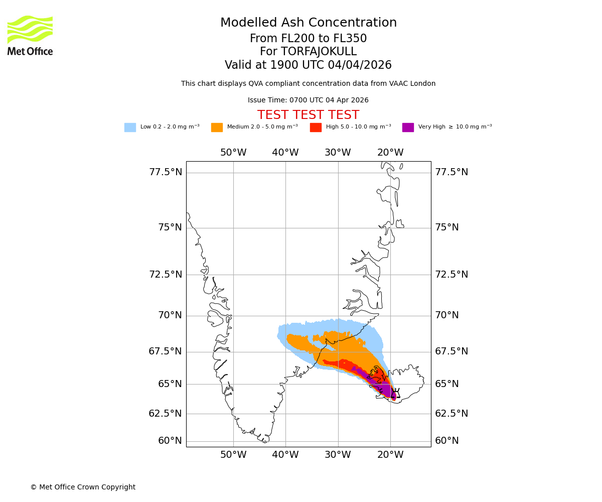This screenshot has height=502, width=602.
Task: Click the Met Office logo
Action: [30, 35]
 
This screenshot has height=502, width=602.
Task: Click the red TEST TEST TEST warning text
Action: [308, 115]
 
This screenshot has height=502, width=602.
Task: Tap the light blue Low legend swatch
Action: [130, 128]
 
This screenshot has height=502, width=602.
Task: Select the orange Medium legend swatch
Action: [217, 128]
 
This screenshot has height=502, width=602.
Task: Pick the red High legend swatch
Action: [316, 128]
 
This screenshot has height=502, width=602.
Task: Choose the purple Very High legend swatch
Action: [408, 128]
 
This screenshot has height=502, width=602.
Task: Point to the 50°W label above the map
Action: [233, 153]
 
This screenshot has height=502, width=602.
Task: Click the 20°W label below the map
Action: [390, 455]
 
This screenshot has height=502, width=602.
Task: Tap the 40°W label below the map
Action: [285, 455]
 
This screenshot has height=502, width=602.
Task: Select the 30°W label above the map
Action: [338, 153]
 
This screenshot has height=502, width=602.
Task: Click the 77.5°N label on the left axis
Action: [166, 172]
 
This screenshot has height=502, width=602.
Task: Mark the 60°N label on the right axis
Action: [447, 441]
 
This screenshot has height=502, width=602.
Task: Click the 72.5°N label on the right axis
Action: [452, 275]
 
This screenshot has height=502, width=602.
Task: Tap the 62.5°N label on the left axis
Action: [166, 414]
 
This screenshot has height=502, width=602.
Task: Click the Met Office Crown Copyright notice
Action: [83, 487]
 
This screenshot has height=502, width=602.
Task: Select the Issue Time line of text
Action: [308, 100]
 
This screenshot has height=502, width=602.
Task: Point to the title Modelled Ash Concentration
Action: [308, 23]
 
